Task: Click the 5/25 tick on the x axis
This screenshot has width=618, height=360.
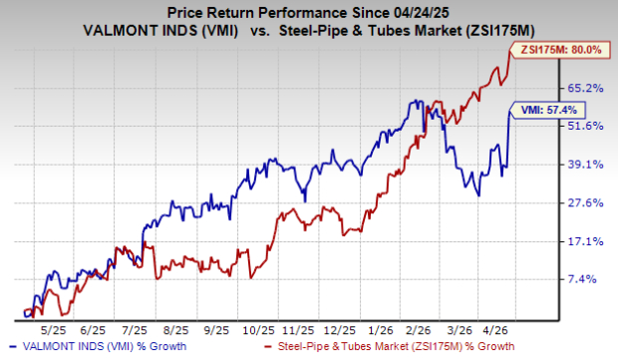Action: [x=51, y=326]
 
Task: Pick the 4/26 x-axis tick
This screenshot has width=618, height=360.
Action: [x=498, y=326]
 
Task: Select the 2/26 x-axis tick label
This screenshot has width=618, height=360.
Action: [x=419, y=326]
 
